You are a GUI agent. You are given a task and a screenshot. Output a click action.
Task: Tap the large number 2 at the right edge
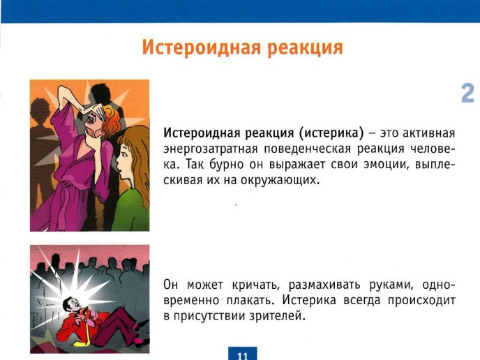467,93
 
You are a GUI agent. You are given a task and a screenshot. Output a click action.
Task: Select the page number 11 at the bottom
243,356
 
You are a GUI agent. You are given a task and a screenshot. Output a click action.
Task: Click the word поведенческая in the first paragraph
307,149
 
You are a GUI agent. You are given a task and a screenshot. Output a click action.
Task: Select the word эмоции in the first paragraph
387,165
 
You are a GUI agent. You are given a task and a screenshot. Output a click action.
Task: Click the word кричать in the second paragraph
255,285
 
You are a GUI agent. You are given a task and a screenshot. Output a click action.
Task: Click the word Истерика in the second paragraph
309,301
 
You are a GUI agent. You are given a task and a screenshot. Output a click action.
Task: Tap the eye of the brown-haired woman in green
123,153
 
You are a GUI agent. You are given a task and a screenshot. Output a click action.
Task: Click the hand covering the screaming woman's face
97,110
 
